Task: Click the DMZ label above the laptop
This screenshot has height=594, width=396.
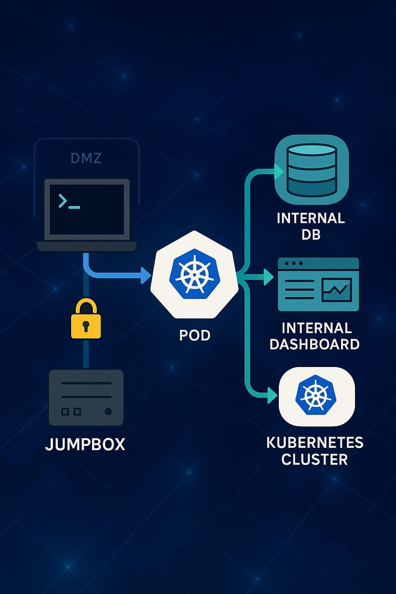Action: coord(86,158)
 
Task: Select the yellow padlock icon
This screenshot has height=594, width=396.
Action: coord(86,319)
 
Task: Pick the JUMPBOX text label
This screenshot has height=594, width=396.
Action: coord(85,444)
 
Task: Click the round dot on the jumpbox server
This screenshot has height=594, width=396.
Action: coord(108,411)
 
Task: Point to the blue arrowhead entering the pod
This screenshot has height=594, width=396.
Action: coord(146,275)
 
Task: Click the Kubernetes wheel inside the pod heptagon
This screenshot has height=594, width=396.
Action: coord(194,274)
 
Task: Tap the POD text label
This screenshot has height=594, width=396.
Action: coord(195,335)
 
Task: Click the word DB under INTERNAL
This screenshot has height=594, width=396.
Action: coord(311,235)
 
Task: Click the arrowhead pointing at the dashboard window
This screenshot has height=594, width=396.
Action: coord(268,277)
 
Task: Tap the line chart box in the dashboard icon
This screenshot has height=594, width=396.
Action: coord(336,290)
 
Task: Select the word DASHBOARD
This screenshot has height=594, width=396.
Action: coord(314,344)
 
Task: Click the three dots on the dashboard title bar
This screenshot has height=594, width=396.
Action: coord(294,263)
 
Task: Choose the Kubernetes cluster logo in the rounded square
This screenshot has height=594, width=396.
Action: coord(316,396)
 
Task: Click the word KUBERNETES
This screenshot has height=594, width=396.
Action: coord(315,443)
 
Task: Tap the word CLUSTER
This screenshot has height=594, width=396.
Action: coord(314,460)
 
